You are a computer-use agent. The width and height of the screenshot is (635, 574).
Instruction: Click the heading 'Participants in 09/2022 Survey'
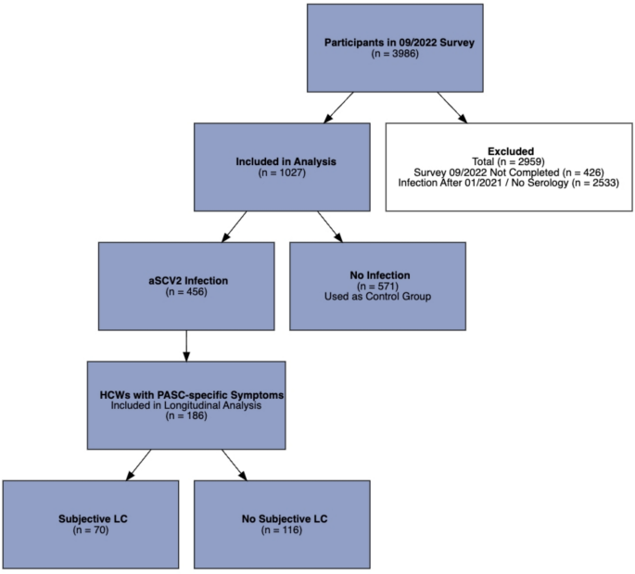[x=394, y=44]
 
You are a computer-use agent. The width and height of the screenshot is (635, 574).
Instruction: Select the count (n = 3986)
[x=394, y=55]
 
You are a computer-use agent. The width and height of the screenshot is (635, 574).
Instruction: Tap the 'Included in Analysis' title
[x=286, y=161]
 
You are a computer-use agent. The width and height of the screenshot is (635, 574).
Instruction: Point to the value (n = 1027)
[x=286, y=172]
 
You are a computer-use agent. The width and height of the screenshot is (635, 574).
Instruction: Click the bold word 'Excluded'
[x=510, y=150]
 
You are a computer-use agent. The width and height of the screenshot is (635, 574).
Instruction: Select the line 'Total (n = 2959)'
[x=510, y=161]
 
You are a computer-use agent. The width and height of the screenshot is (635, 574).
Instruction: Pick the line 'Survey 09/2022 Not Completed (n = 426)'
[x=510, y=172]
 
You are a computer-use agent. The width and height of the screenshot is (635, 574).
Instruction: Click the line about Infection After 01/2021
[x=510, y=184]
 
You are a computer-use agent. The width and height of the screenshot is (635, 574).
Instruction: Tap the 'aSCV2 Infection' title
[x=186, y=281]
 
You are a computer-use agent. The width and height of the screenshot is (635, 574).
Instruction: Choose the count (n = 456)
[x=186, y=292]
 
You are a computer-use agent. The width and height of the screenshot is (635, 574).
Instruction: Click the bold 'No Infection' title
[x=376, y=275]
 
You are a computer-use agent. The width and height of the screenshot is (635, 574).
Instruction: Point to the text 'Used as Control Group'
[x=376, y=298]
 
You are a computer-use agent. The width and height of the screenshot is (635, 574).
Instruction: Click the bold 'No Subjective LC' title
[x=282, y=518]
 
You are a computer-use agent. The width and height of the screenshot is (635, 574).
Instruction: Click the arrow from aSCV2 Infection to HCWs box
[x=186, y=346]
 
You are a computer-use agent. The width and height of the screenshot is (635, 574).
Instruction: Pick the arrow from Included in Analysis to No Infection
[x=330, y=226]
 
